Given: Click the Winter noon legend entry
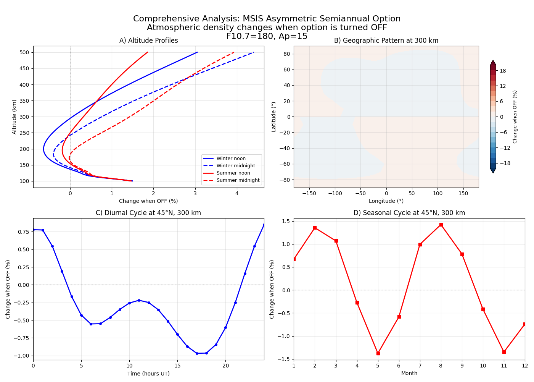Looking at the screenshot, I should pyautogui.click(x=231, y=159).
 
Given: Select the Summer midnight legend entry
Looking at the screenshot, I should pyautogui.click(x=238, y=180).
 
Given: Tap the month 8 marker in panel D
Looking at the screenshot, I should pyautogui.click(x=441, y=225).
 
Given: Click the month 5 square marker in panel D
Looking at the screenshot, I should pyautogui.click(x=378, y=353).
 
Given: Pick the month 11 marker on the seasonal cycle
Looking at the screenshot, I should pyautogui.click(x=504, y=352).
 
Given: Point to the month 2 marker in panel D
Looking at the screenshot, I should pyautogui.click(x=315, y=228).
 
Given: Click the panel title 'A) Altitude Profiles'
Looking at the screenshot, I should pyautogui.click(x=148, y=40).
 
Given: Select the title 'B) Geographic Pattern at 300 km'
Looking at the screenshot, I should pyautogui.click(x=386, y=40).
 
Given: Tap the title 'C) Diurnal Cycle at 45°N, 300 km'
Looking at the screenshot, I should pyautogui.click(x=148, y=213).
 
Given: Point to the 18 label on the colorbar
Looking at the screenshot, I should pyautogui.click(x=503, y=71).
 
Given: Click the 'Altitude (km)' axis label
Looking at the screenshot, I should pyautogui.click(x=14, y=117).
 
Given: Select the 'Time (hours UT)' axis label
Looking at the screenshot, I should pyautogui.click(x=148, y=374).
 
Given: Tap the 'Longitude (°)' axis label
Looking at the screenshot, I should pyautogui.click(x=386, y=201).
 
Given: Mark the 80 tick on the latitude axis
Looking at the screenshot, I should pyautogui.click(x=286, y=54).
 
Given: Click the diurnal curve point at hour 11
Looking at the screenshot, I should pyautogui.click(x=139, y=300).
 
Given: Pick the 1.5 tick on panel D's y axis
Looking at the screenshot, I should pyautogui.click(x=286, y=221).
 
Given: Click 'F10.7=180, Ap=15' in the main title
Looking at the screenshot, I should pyautogui.click(x=267, y=36).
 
